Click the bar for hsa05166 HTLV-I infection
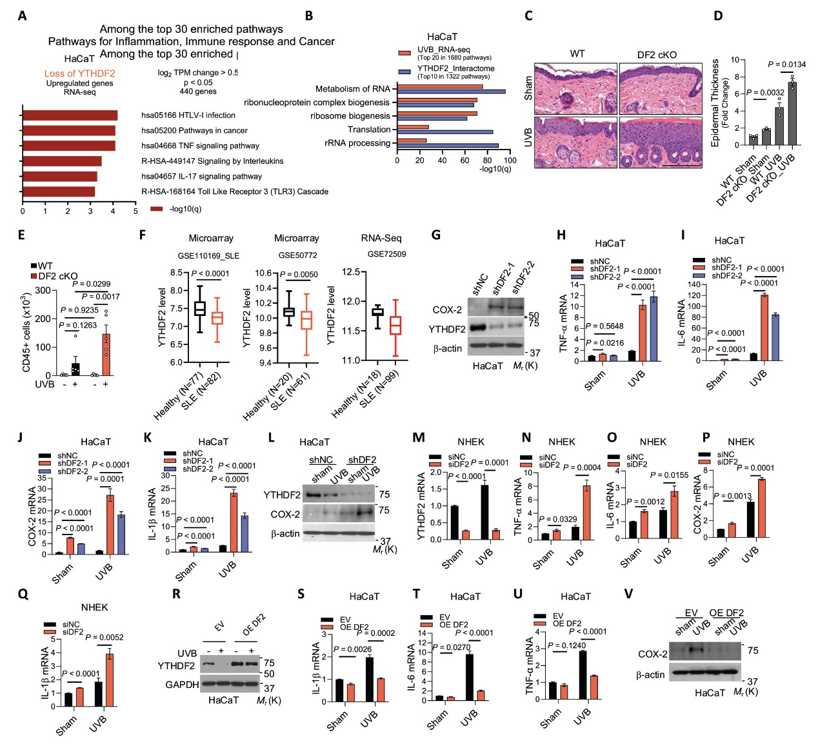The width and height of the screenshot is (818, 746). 70,115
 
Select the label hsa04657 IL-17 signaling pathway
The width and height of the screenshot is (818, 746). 201,176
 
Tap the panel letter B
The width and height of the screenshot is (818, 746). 309,15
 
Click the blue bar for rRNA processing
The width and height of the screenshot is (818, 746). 448,146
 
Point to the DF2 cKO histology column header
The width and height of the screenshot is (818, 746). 657,55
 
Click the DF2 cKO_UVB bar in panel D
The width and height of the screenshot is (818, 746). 792,113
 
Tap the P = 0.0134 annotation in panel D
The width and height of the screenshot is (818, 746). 786,64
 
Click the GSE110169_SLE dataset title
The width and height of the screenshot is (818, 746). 208,256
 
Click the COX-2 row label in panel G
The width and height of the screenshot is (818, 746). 447,309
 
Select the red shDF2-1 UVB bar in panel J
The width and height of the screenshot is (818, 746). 110,524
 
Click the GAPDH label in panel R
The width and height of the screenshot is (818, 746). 182,685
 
